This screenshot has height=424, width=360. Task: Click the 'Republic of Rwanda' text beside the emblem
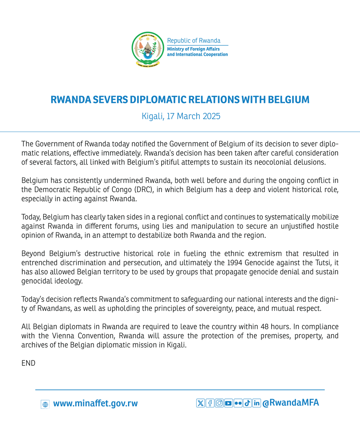[194, 41]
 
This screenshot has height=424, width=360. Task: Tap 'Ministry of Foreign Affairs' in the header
[193, 49]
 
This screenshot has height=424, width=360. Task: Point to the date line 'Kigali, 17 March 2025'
[181, 116]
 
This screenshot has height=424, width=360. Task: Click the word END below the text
[28, 363]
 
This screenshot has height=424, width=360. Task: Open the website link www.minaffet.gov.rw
[95, 403]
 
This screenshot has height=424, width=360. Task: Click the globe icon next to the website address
[45, 404]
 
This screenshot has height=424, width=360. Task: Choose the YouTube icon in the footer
[228, 402]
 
